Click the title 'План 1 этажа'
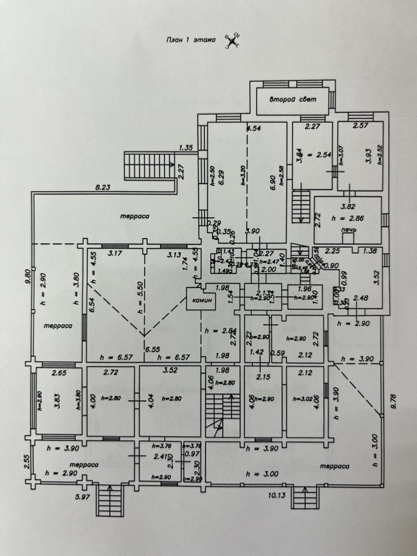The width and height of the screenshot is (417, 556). pos(187,41)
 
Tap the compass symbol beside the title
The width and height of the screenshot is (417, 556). pos(233,41)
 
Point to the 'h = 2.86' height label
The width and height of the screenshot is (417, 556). pos(348,218)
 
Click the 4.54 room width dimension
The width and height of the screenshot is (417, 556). pos(254,128)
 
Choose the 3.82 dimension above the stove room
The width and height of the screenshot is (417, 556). pos(348,206)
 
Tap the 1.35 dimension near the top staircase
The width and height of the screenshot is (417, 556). pos(185,148)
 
